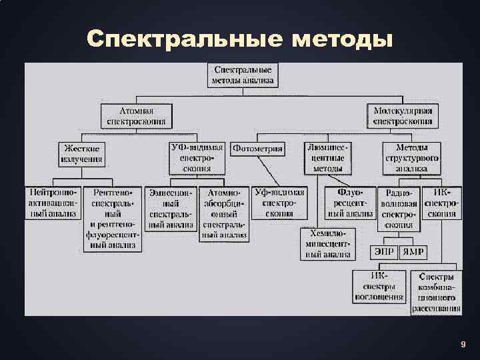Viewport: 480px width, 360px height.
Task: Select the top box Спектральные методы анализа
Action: coord(243,75)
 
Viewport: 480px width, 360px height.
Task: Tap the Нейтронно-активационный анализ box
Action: coord(53,203)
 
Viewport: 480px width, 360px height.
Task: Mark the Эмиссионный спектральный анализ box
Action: coord(171,208)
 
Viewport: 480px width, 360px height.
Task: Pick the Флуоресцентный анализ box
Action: coord(350,203)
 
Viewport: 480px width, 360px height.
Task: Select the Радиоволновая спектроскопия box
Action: coord(399,208)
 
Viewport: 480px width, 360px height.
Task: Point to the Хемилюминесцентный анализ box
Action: coord(327,243)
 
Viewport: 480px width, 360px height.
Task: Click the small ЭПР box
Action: coord(383,252)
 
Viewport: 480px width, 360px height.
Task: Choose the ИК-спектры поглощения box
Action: coord(379,286)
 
